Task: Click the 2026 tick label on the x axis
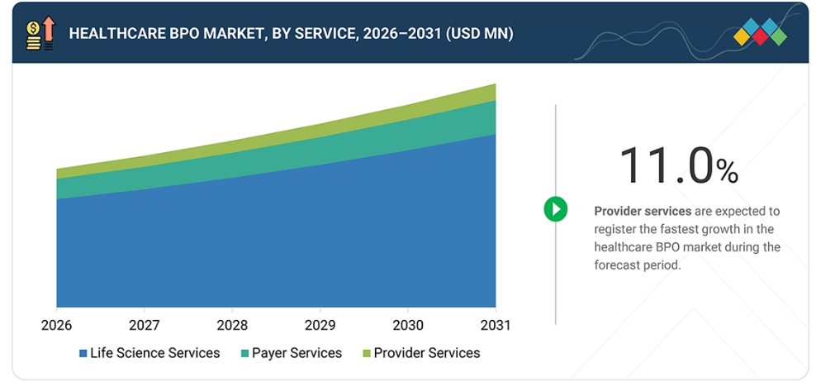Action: [57, 325]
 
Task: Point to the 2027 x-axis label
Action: [145, 325]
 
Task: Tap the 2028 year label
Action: [232, 325]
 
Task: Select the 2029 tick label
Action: [320, 325]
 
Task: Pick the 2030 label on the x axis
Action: [407, 325]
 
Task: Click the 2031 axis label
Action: [495, 325]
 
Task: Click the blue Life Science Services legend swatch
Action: [83, 354]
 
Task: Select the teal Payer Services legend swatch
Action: [244, 354]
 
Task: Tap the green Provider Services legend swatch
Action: [367, 354]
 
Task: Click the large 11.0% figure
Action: [679, 166]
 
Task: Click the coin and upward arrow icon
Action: [40, 33]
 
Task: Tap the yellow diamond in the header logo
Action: [742, 36]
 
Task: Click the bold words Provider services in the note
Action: [643, 211]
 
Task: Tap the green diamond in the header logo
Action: [779, 36]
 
